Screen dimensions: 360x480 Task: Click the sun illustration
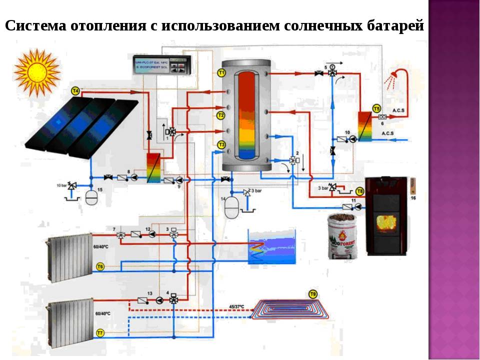pyautogui.click(x=36, y=72)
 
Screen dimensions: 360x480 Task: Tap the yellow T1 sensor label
pyautogui.click(x=221, y=73)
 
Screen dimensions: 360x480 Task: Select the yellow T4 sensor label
pyautogui.click(x=75, y=90)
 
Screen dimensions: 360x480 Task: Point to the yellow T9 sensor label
pyautogui.click(x=313, y=293)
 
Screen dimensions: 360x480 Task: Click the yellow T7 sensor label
pyautogui.click(x=100, y=332)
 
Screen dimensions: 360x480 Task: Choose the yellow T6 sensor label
pyautogui.click(x=100, y=267)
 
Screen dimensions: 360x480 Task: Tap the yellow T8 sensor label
pyautogui.click(x=360, y=191)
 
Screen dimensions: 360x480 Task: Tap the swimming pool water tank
pyautogui.click(x=272, y=246)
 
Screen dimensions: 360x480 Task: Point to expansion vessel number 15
pyautogui.click(x=91, y=196)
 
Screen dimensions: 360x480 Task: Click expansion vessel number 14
pyautogui.click(x=232, y=207)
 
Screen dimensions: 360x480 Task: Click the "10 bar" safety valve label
pyautogui.click(x=61, y=185)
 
